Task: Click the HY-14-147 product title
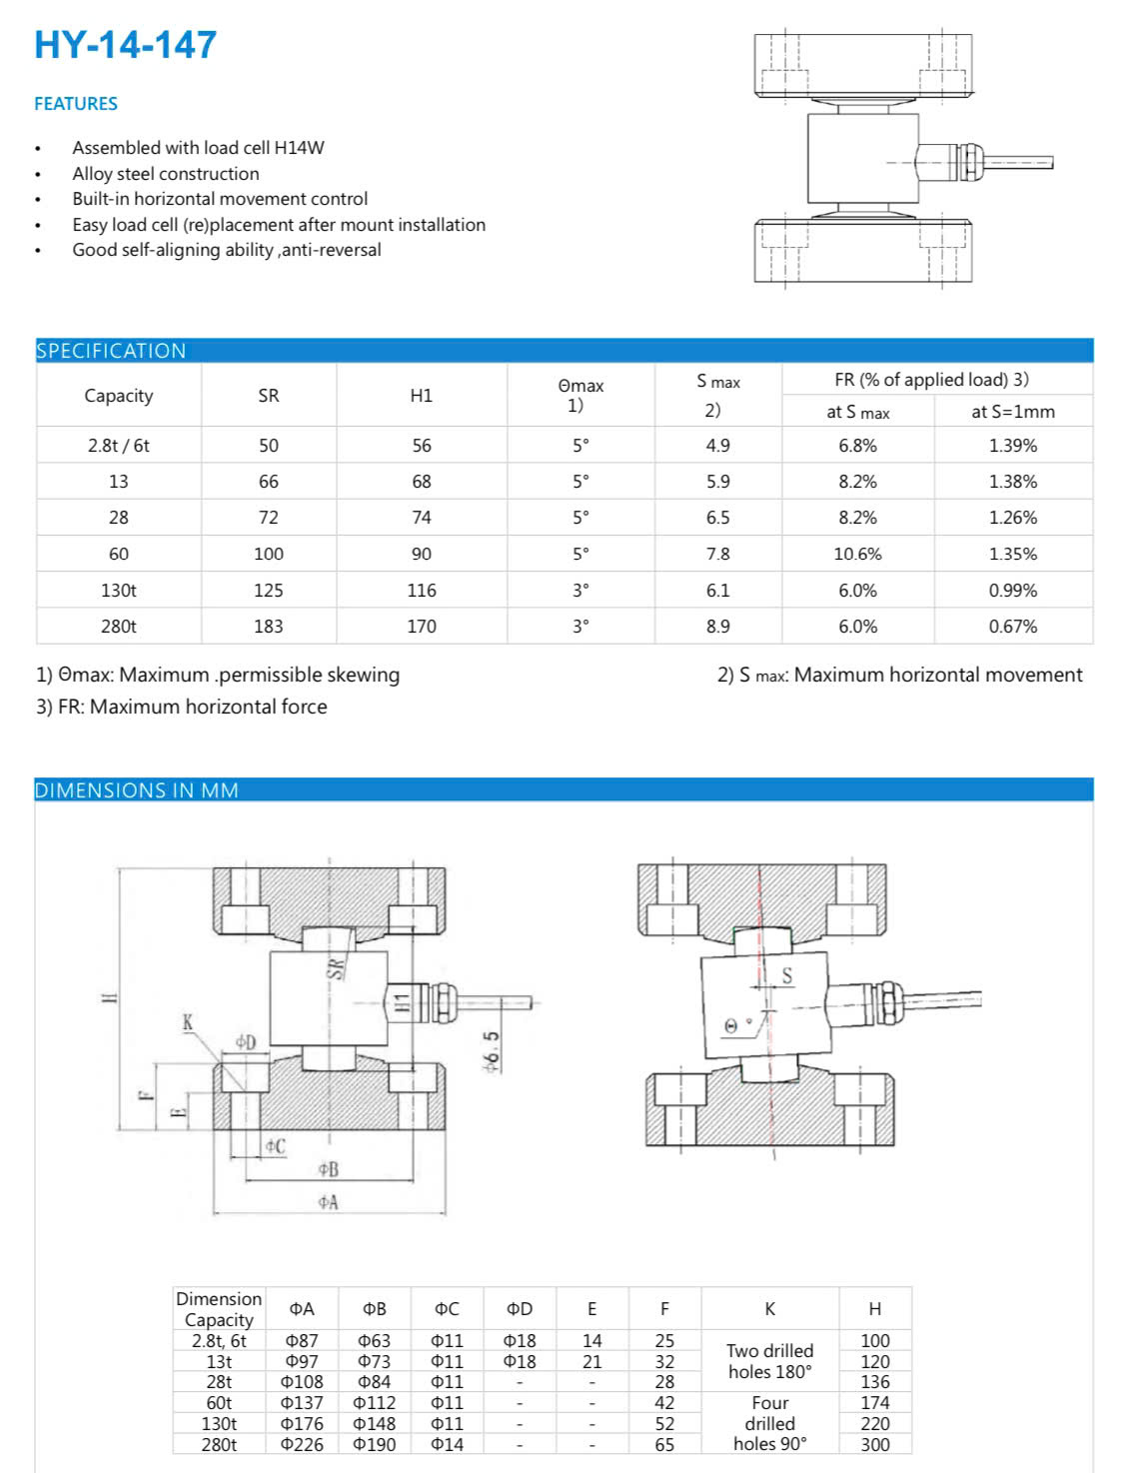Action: point(125,45)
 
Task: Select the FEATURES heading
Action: point(76,104)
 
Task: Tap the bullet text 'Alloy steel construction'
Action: point(166,174)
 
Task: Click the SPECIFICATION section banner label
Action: point(111,351)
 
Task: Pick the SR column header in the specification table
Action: point(269,396)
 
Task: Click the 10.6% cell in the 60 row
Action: point(857,554)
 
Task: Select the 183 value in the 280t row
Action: point(269,627)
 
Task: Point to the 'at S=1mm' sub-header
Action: point(1013,412)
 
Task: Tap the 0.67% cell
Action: point(1013,627)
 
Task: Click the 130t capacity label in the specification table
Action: point(119,591)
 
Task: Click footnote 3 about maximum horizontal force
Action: point(182,707)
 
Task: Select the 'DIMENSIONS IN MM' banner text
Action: point(137,790)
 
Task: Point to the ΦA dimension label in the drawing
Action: point(328,1202)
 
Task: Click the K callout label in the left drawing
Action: point(187,1022)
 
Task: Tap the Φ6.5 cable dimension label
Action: point(492,1052)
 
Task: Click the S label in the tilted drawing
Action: point(787,976)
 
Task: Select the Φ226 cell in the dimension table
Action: point(302,1444)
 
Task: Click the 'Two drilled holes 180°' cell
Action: point(770,1361)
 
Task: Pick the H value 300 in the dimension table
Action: point(875,1444)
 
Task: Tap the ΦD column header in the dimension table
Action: point(520,1309)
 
